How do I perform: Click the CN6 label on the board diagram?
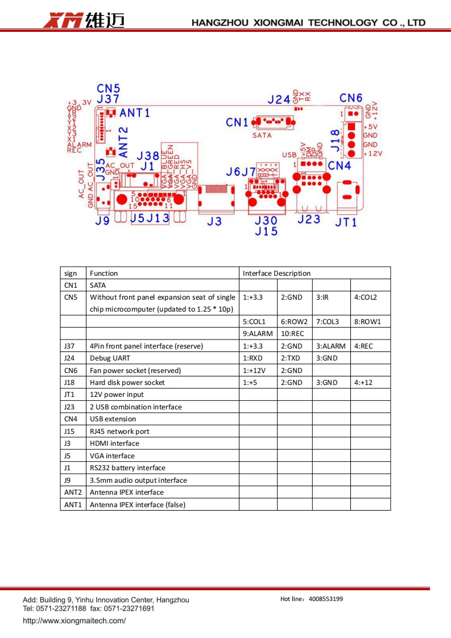pos(351,98)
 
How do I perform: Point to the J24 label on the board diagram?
pos(279,100)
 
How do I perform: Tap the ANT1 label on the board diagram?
pos(134,113)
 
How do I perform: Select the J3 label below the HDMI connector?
pos(214,221)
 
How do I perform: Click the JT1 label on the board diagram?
pos(346,222)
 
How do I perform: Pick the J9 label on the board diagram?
pos(102,221)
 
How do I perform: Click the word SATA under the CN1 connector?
pos(262,135)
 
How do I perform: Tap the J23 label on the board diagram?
pos(309,219)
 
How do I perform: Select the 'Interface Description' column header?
pos(276,273)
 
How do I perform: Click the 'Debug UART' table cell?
pos(110,358)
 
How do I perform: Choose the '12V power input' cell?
pos(117,395)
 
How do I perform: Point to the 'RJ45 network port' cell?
pos(119,432)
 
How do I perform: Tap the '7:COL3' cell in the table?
pos(327,321)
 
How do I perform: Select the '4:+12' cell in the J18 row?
pos(363,383)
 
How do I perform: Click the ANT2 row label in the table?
pos(73,492)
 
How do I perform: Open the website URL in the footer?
pos(74,620)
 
